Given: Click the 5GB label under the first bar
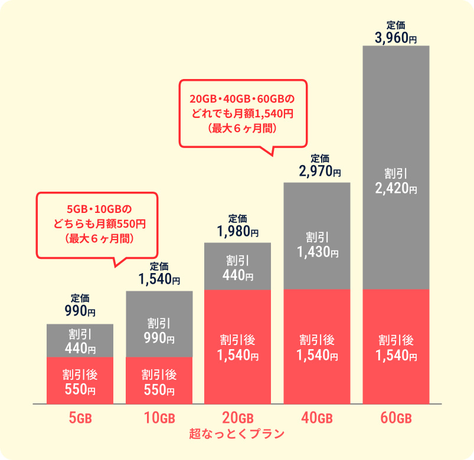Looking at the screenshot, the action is point(80,418).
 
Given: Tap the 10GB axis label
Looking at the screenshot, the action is point(159,418).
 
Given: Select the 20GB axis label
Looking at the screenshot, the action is point(238,418).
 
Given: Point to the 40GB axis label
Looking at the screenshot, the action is point(317,418).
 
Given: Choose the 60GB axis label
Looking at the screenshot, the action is point(396,418).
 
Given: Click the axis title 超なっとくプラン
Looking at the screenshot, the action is point(237,433).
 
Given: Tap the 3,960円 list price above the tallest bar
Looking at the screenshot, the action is point(395,38).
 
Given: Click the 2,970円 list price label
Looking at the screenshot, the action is point(320,171).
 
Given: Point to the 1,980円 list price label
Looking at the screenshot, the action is point(238,231).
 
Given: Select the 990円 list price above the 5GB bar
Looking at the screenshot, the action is point(80,310).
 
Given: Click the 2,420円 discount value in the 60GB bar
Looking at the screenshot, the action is point(396,189).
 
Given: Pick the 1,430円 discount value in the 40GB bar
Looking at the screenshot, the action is point(318,252).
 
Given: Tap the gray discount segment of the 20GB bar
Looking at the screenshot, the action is point(238,266).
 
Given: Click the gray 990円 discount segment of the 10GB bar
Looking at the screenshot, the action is point(159,324).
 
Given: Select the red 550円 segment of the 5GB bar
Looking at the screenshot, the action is point(80,380).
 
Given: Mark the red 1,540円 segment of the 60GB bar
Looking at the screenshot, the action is point(396,347).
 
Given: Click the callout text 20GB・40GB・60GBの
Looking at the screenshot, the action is point(242,98).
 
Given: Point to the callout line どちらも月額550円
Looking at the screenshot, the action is point(100,224).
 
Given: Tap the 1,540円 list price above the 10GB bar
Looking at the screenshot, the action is point(159,279).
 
